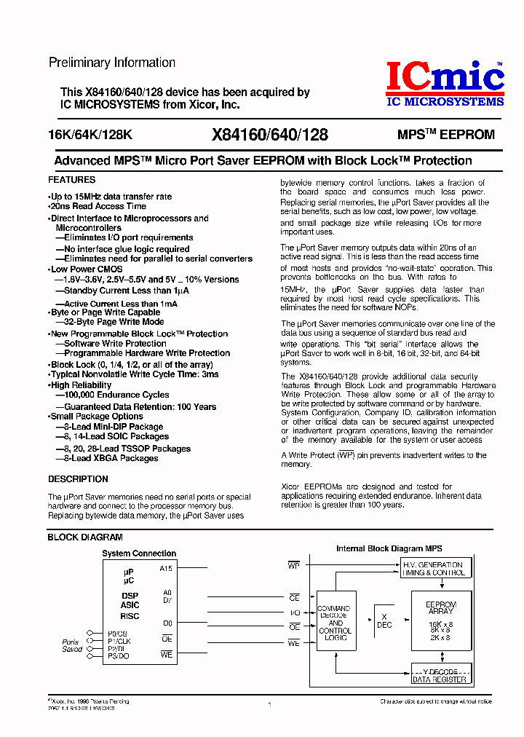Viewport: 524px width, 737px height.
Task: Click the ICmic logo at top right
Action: click(x=444, y=83)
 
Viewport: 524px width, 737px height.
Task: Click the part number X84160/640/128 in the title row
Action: click(x=269, y=135)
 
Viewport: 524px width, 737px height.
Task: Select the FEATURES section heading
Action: click(x=71, y=179)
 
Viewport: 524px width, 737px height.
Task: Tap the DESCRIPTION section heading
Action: click(x=78, y=479)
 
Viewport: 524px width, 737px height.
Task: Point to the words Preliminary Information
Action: click(x=111, y=63)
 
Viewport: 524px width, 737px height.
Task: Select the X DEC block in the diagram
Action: click(x=384, y=620)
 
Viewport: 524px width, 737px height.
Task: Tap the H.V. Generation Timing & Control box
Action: click(x=432, y=569)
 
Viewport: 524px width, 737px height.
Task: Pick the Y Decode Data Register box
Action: click(x=440, y=675)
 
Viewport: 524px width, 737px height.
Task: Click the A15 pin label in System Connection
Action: click(x=166, y=569)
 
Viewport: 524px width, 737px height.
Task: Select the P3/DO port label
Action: click(x=118, y=655)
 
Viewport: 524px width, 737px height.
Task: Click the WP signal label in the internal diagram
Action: click(x=294, y=564)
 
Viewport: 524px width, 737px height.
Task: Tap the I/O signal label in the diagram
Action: click(x=295, y=612)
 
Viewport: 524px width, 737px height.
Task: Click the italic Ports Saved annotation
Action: click(x=72, y=645)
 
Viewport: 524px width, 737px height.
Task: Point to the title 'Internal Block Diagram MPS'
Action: click(x=389, y=548)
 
